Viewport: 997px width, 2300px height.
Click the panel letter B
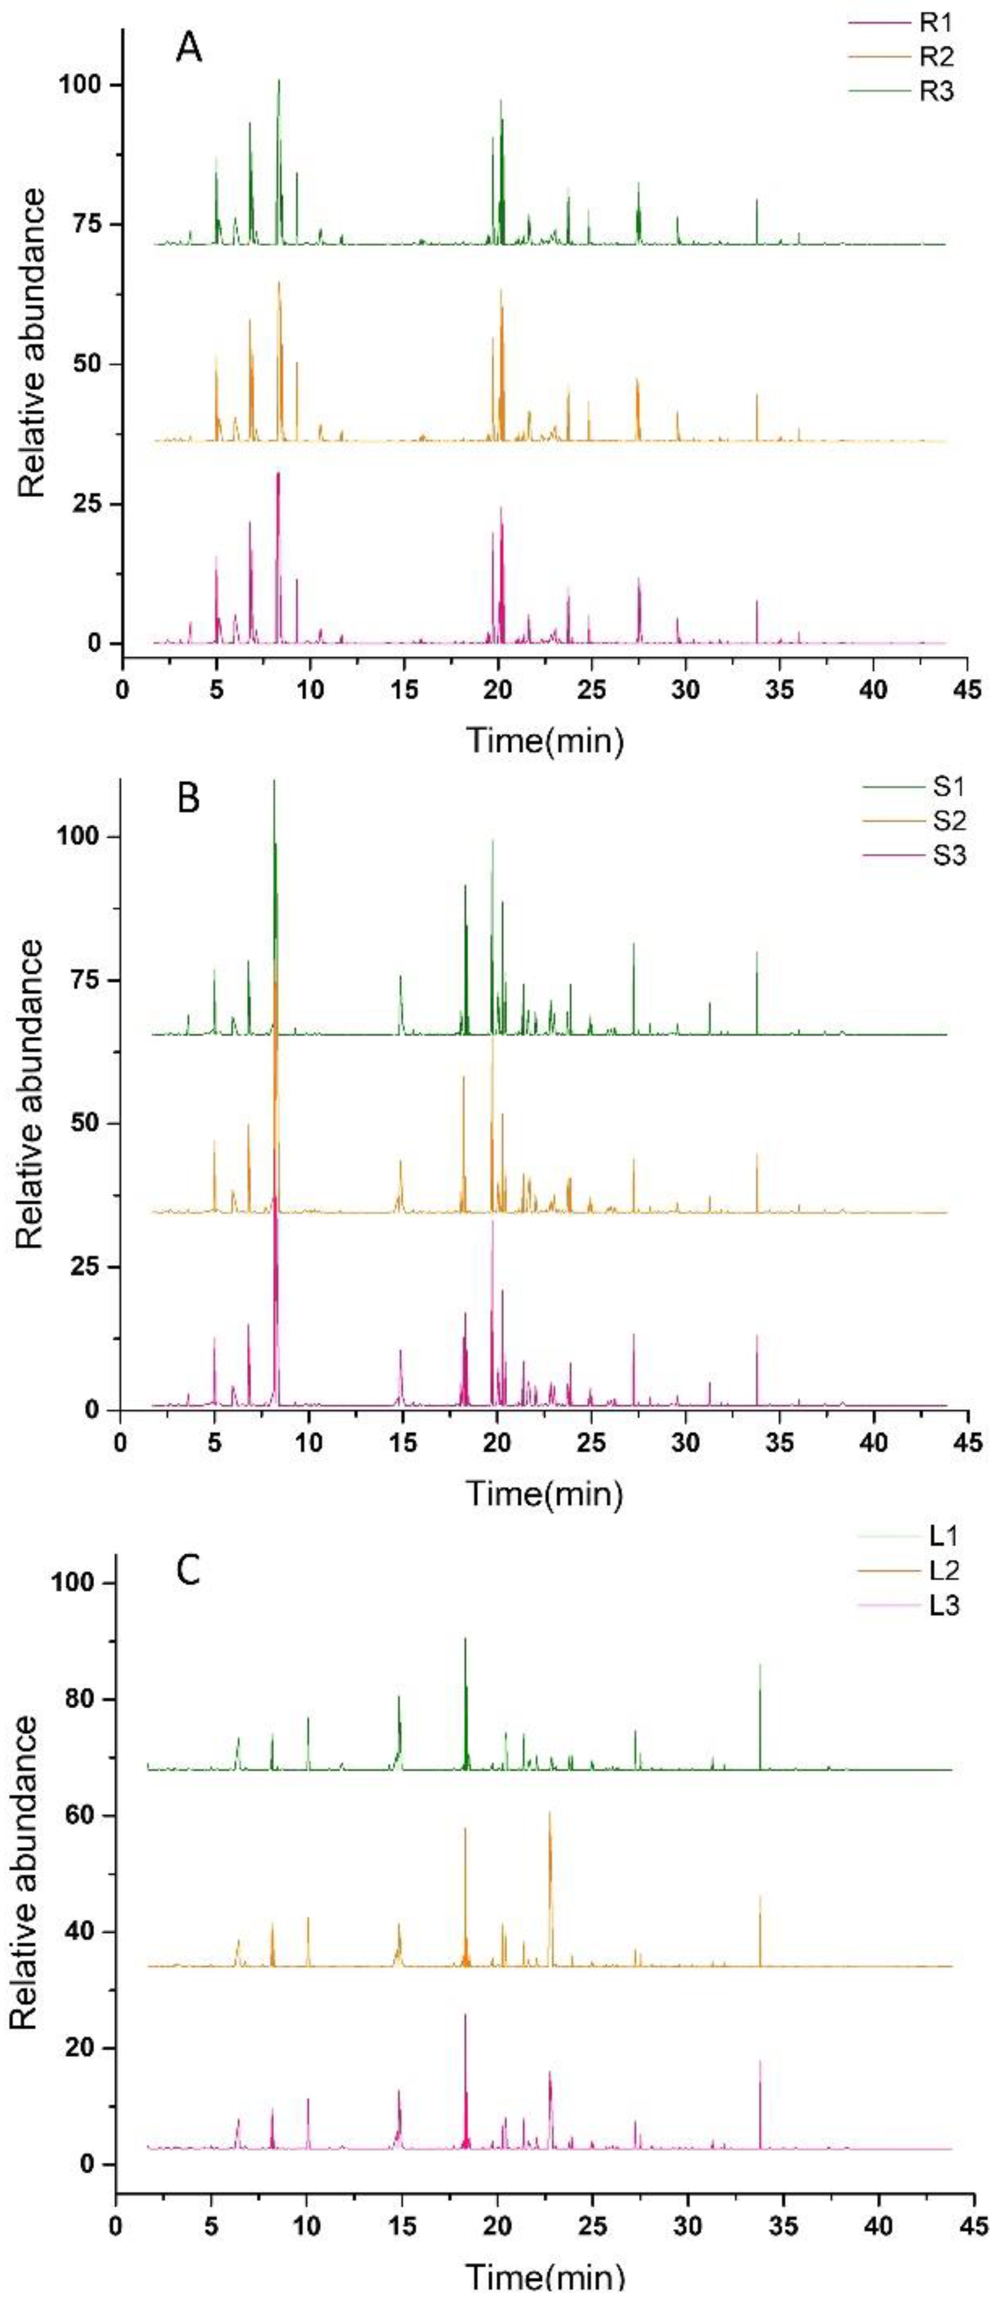coord(189,797)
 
